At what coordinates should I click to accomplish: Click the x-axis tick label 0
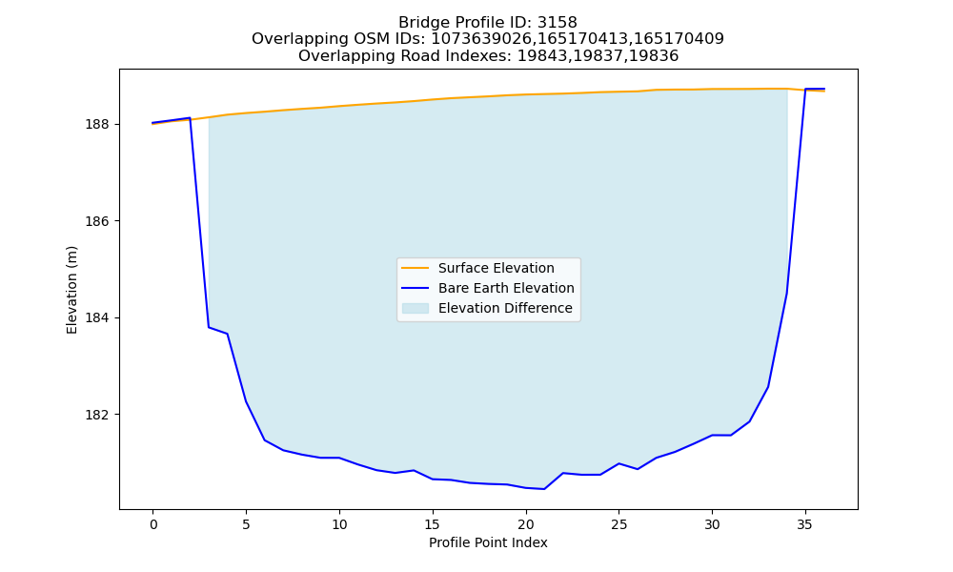pos(153,524)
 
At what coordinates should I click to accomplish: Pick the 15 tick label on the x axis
pos(433,524)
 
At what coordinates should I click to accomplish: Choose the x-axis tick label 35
pos(805,524)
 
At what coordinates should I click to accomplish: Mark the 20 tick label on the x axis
pos(526,524)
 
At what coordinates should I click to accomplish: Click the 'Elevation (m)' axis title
pos(71,290)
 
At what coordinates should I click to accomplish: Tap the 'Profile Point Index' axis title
pos(488,542)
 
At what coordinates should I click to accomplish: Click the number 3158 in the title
pos(558,23)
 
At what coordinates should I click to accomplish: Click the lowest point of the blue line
pos(544,489)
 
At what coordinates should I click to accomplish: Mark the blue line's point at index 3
pos(209,327)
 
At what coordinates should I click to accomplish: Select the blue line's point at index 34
pos(787,293)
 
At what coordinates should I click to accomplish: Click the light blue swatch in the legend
pos(416,308)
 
